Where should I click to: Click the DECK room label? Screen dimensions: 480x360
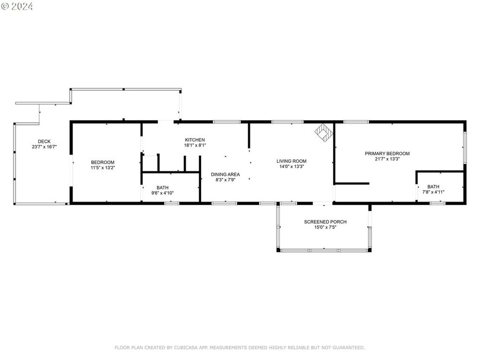[44, 142]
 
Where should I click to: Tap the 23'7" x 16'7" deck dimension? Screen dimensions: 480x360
[44, 147]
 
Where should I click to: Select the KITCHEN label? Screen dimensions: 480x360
[195, 140]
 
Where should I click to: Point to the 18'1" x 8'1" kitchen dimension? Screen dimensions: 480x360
[195, 145]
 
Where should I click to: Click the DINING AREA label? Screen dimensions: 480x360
[225, 175]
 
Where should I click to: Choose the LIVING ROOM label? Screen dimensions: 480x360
[291, 161]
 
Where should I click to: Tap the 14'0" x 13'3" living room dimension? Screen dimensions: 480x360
[292, 167]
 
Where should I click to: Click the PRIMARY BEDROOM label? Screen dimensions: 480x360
[387, 154]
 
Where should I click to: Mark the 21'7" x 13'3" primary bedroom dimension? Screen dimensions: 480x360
[387, 159]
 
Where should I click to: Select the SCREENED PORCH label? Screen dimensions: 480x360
[325, 222]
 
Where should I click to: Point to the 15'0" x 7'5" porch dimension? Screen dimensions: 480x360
[325, 227]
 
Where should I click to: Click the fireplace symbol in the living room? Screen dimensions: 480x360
[324, 132]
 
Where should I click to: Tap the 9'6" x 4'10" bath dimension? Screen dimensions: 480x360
[163, 193]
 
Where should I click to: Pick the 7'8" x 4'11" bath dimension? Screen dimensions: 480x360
[433, 192]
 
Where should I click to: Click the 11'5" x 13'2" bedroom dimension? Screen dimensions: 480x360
[103, 168]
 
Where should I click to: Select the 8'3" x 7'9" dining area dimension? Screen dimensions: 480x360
[225, 180]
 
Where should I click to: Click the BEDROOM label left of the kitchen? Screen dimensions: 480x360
[103, 162]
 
